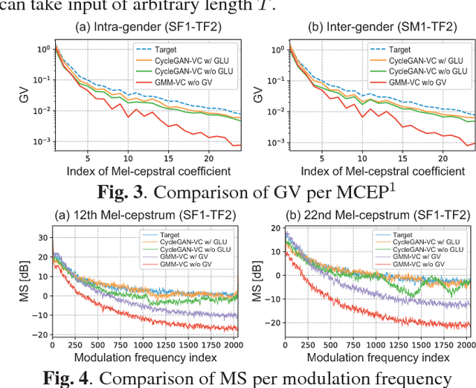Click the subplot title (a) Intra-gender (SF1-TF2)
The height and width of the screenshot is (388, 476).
point(142,29)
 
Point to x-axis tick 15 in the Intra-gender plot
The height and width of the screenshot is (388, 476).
point(169,158)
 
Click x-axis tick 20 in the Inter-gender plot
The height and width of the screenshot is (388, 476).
point(445,158)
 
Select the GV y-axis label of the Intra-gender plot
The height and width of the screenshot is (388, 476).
point(16,94)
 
